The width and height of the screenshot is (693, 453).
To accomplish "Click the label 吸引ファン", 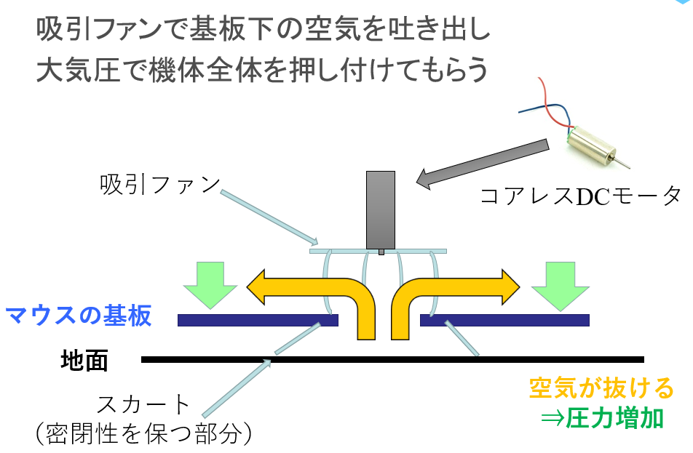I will (159, 185).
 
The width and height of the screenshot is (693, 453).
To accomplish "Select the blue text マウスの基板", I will (79, 316).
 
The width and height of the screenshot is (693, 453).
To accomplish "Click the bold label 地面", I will (85, 360).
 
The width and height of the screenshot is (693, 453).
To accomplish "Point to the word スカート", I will (143, 404).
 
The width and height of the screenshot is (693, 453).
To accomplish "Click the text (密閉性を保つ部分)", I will (144, 434).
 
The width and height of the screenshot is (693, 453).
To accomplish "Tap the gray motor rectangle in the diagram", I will (381, 209).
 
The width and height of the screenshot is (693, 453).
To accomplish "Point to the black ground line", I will (393, 359).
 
